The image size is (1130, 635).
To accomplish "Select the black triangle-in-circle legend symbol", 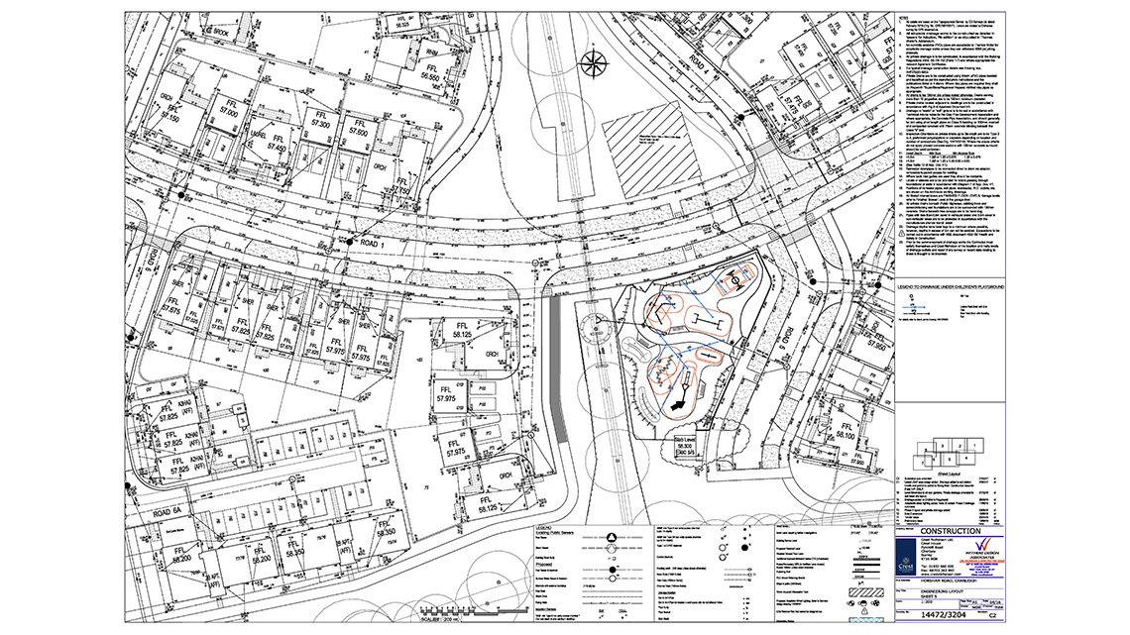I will tap(612, 536).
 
